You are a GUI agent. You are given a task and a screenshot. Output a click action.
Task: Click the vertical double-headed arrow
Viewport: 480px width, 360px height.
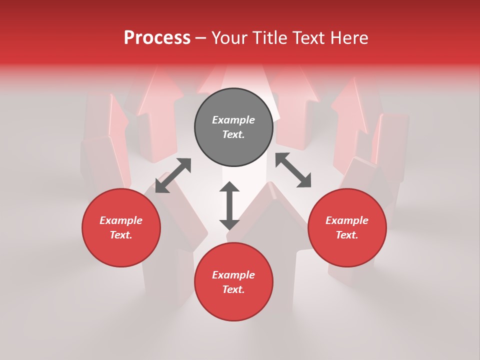click(x=229, y=205)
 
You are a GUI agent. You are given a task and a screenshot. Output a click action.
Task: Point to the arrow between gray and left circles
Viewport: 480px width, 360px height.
click(x=173, y=175)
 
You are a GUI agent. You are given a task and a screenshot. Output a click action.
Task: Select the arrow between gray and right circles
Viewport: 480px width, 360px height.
click(x=293, y=170)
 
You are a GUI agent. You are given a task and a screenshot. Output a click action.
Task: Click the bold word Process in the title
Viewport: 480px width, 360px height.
click(x=157, y=37)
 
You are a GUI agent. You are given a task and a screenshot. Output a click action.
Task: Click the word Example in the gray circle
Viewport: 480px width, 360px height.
click(x=233, y=120)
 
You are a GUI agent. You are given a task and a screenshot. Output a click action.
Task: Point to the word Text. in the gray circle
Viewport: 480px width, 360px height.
click(x=233, y=134)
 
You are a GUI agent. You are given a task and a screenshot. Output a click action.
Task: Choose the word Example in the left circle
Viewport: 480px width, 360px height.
click(x=121, y=220)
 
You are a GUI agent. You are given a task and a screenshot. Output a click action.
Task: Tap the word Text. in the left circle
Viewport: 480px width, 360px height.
click(x=121, y=235)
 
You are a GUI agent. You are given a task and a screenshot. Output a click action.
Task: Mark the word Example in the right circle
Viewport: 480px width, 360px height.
click(x=347, y=220)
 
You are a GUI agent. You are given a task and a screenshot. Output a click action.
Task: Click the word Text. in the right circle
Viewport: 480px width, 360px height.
click(x=347, y=235)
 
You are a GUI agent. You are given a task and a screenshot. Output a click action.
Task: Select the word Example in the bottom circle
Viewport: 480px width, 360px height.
click(x=233, y=275)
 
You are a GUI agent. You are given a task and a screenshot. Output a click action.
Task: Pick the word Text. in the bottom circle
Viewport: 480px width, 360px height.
click(x=233, y=289)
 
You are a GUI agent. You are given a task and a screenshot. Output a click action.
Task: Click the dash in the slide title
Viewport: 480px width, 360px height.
click(x=201, y=38)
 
